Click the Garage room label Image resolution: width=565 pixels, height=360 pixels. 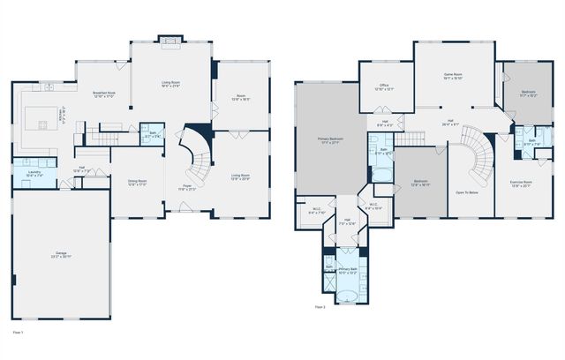click(61, 255)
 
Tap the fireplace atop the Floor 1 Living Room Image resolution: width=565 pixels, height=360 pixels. click(169, 39)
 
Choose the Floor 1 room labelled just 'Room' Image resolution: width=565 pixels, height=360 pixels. click(240, 97)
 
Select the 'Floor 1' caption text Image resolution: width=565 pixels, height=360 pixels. click(18, 332)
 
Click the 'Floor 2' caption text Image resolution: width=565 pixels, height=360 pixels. click(319, 307)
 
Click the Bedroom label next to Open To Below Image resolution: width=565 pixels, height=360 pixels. click(420, 183)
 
